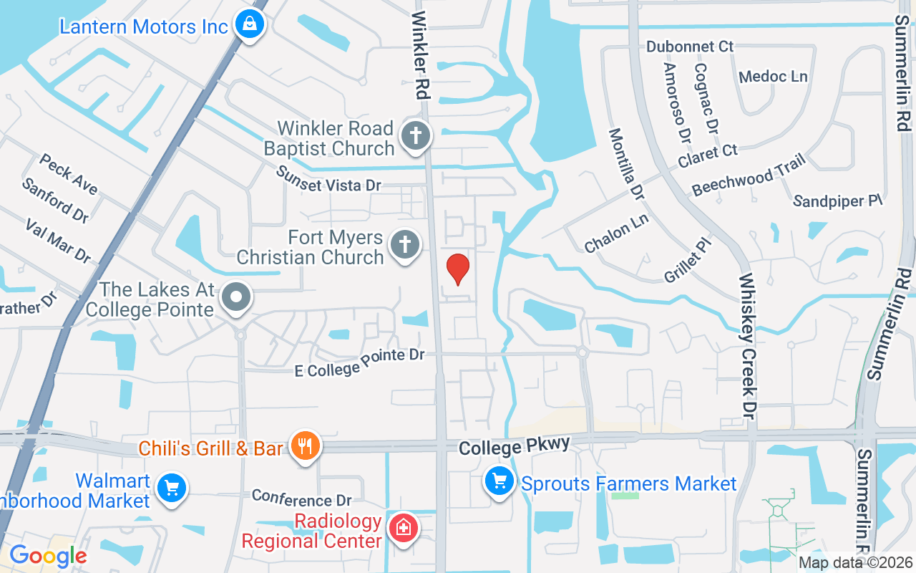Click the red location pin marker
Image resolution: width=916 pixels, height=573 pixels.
point(458,269)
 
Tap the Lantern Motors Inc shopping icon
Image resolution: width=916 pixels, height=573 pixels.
point(250,25)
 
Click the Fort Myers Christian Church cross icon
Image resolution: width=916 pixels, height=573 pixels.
point(404,245)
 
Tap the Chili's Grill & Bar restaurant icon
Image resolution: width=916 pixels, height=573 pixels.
point(306,446)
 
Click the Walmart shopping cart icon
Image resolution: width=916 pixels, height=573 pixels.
point(171,489)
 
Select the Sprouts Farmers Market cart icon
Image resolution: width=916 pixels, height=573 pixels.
point(499,481)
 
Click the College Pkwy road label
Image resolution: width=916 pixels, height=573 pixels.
point(515,446)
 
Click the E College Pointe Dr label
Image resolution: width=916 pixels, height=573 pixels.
point(360,363)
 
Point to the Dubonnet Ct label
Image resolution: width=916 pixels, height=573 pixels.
point(690,47)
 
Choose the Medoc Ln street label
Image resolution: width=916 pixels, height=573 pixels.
point(773,76)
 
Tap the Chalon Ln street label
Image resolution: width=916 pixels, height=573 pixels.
point(616,233)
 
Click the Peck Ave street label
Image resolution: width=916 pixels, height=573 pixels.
point(69,173)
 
